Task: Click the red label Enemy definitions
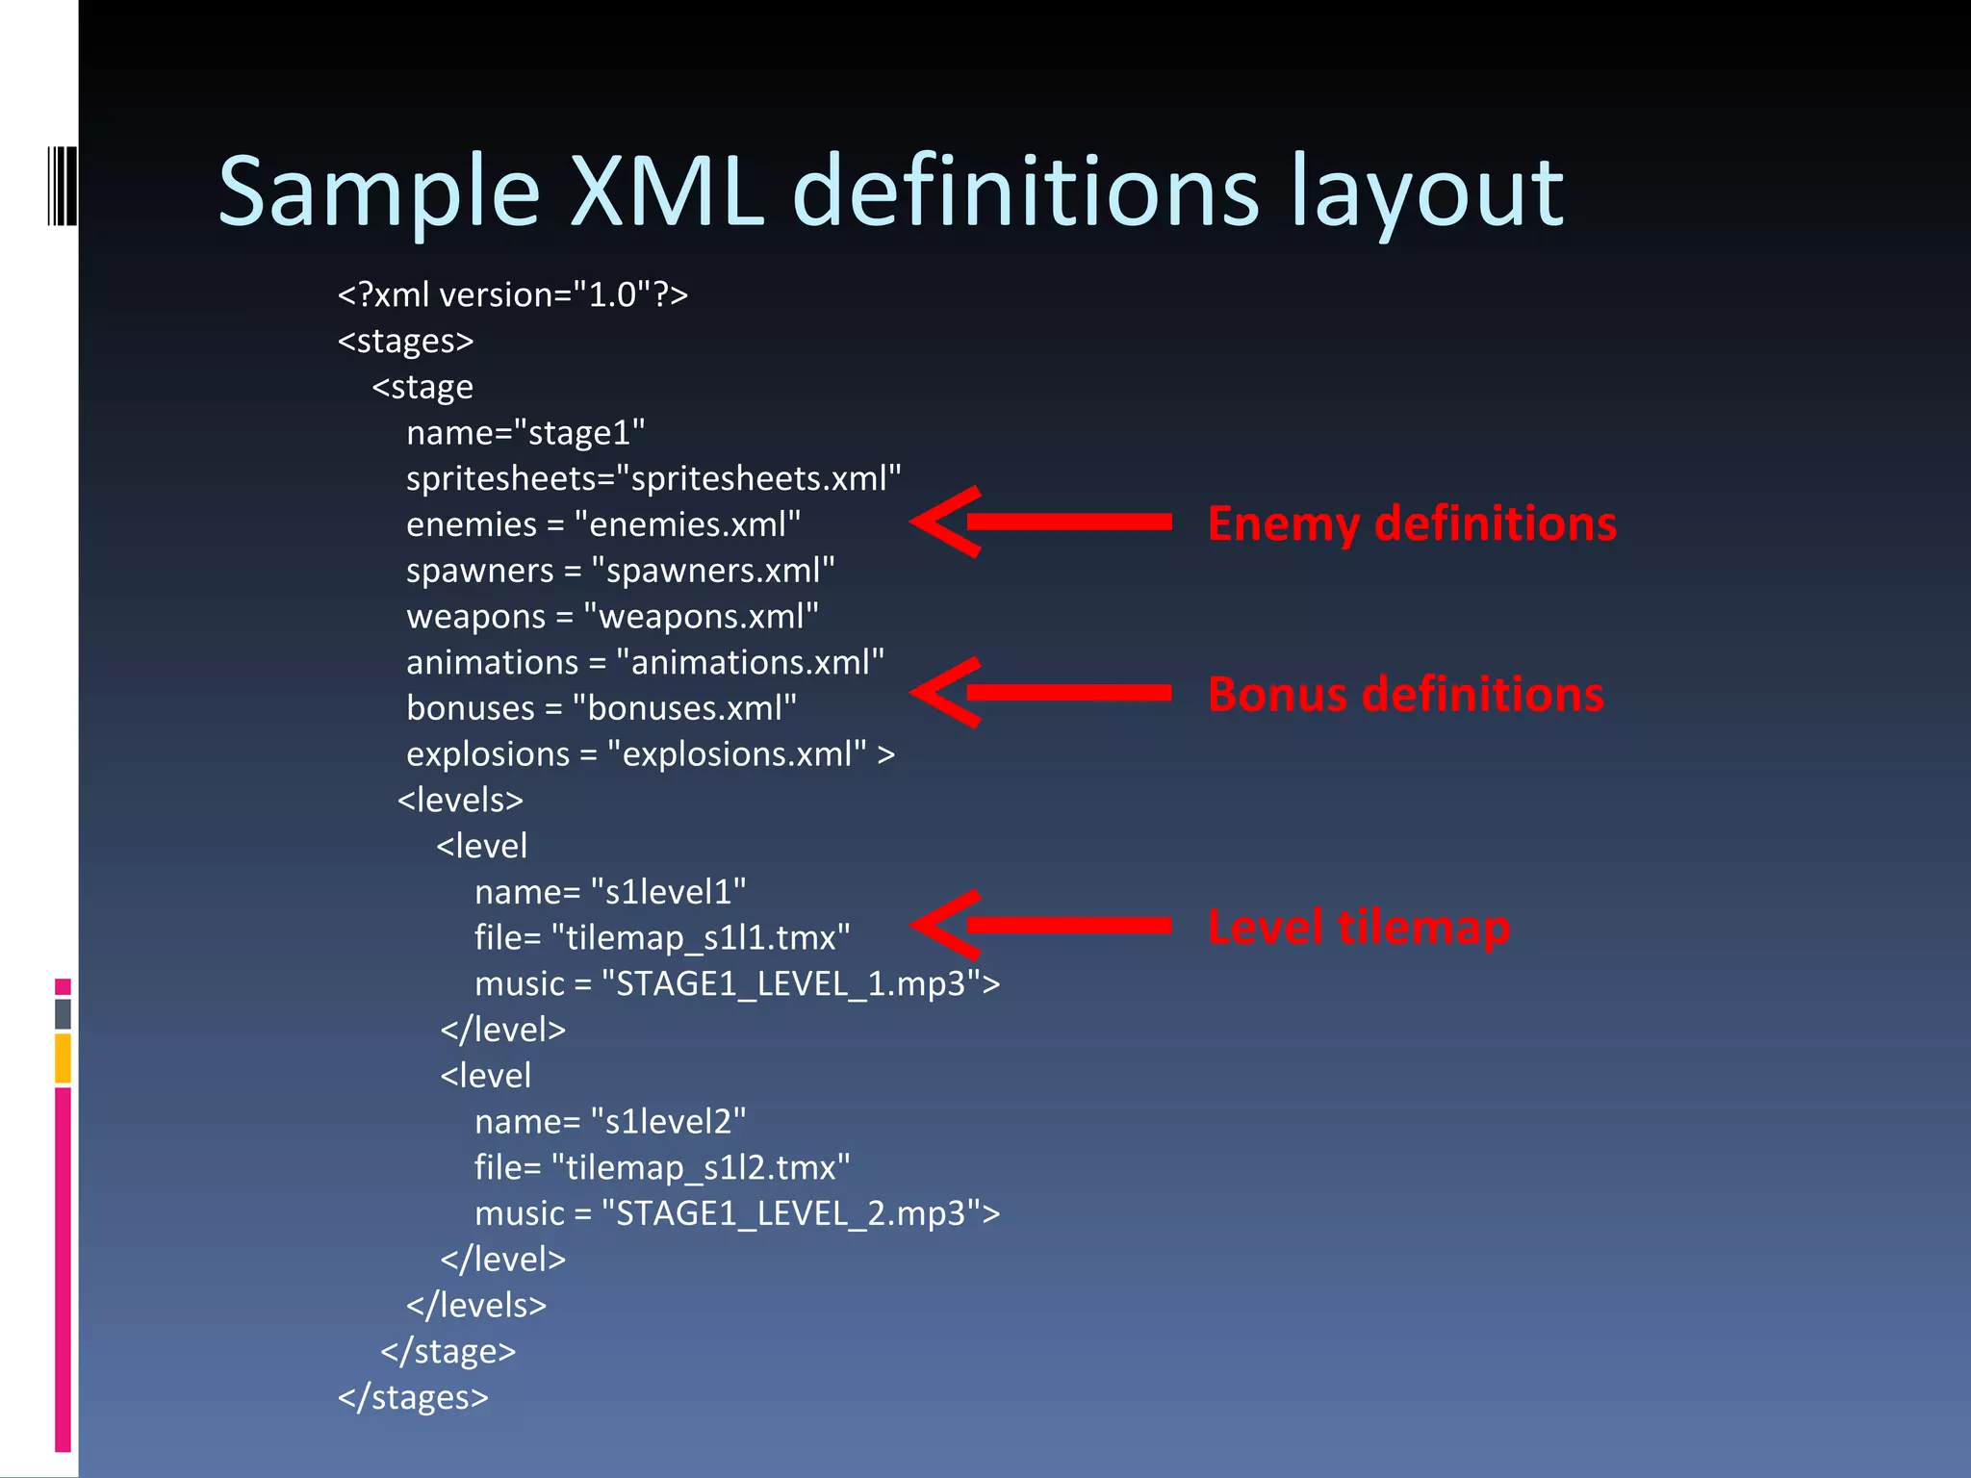pyautogui.click(x=1412, y=523)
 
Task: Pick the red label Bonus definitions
pyautogui.click(x=1405, y=694)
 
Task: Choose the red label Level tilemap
pyautogui.click(x=1358, y=927)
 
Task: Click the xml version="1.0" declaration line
pyautogui.click(x=513, y=294)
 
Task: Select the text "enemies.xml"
pyautogui.click(x=687, y=524)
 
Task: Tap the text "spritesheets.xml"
pyautogui.click(x=758, y=478)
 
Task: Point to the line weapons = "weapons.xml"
pyautogui.click(x=612, y=616)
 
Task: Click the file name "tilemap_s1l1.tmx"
pyautogui.click(x=701, y=937)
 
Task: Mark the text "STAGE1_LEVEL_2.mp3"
pyautogui.click(x=791, y=1213)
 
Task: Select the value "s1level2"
pyautogui.click(x=668, y=1122)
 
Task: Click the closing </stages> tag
pyautogui.click(x=413, y=1397)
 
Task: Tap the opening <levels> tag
pyautogui.click(x=460, y=800)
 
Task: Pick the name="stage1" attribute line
pyautogui.click(x=525, y=433)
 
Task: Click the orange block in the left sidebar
pyautogui.click(x=64, y=1058)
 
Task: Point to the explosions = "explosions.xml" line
pyautogui.click(x=650, y=754)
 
